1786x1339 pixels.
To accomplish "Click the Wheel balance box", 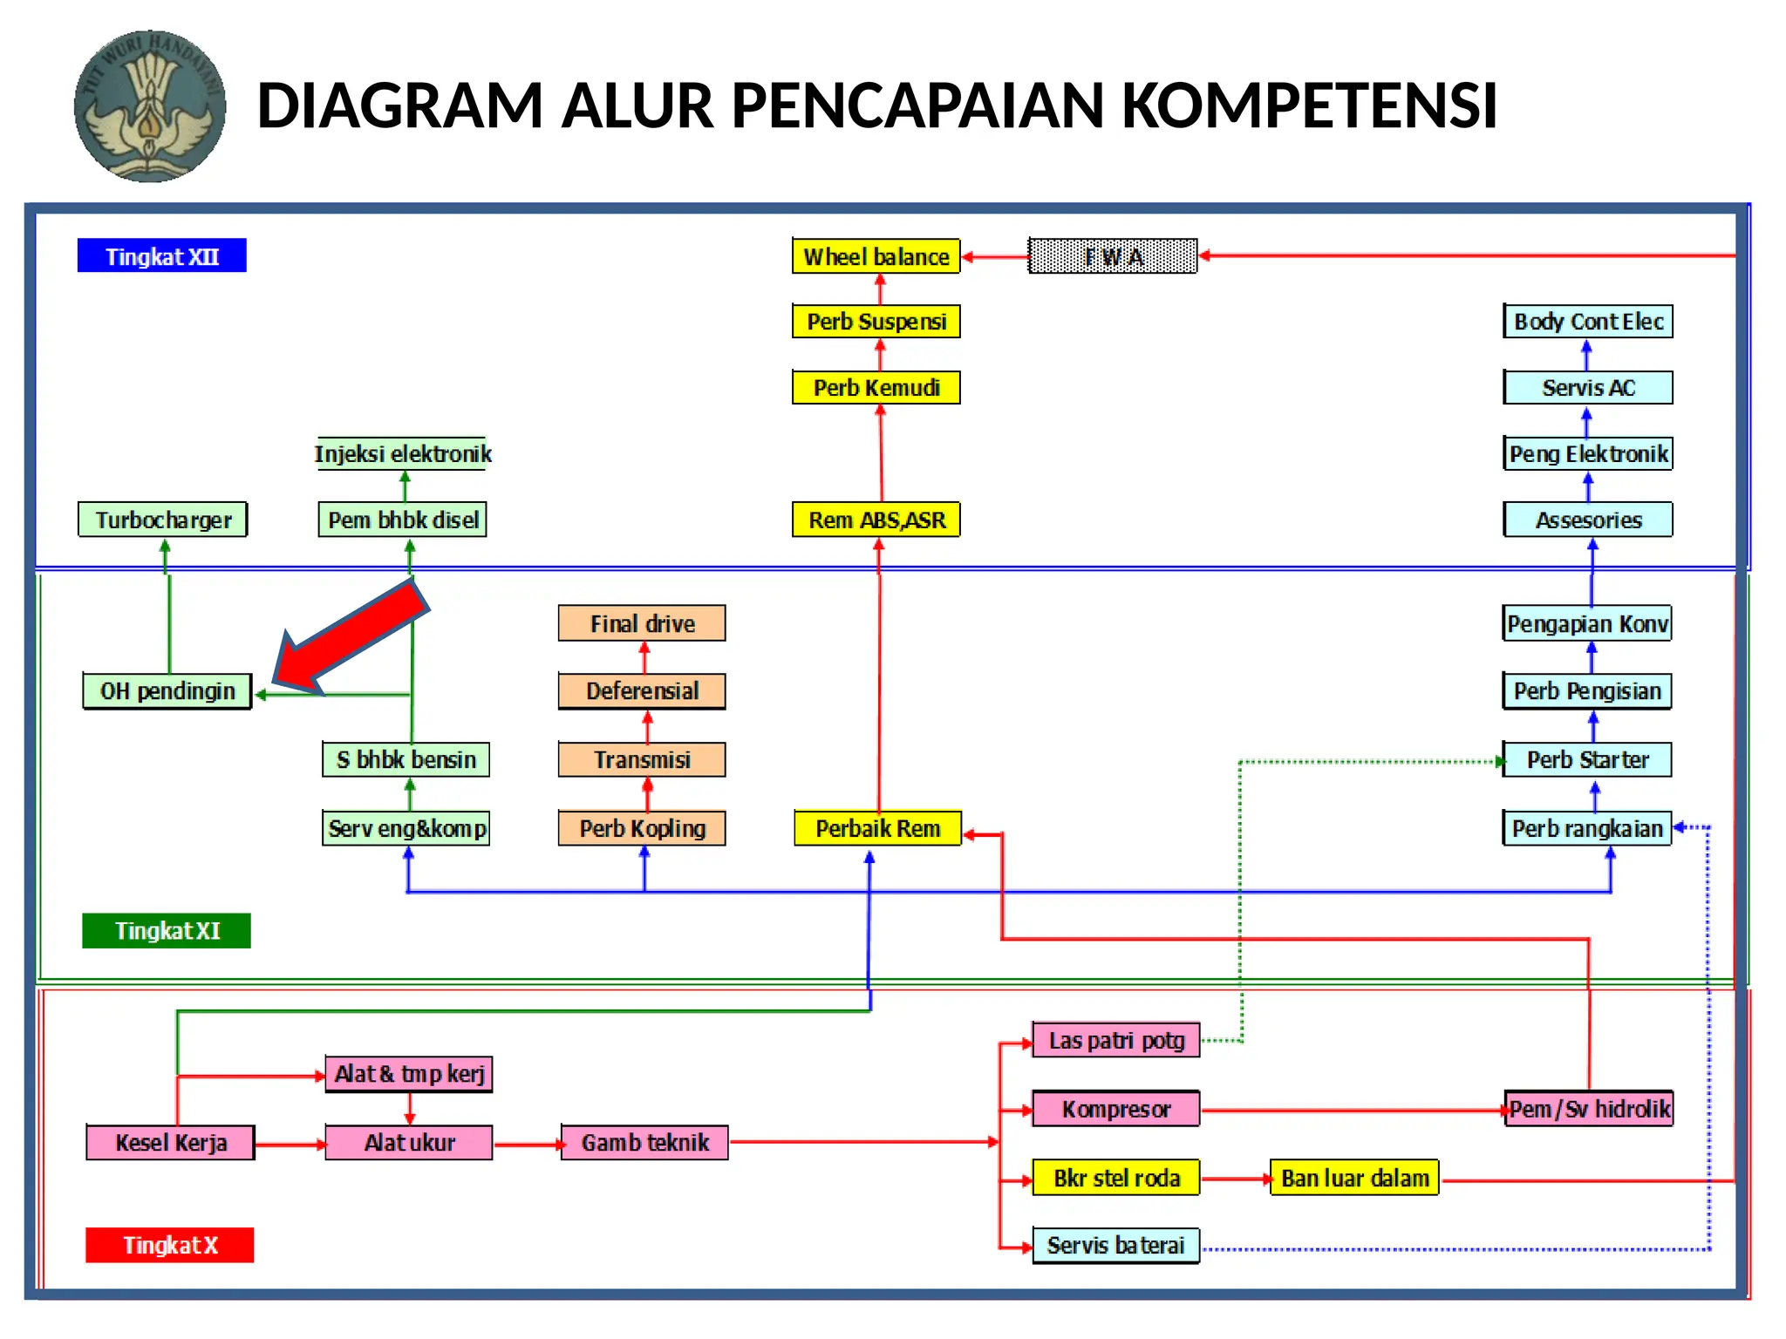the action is (876, 256).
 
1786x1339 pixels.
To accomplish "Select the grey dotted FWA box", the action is (1112, 256).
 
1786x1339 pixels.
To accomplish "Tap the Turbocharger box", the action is (163, 520).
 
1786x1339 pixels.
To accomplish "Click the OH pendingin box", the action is (167, 691).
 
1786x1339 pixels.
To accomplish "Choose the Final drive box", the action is (642, 623).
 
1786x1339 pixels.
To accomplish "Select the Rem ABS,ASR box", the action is (876, 520).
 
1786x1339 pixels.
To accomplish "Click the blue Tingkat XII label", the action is (161, 256).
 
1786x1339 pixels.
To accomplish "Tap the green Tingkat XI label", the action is (167, 930).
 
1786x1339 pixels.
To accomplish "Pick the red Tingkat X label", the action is (169, 1245).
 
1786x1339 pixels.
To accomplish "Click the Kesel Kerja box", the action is (171, 1142).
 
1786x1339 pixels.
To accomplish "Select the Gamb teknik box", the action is (644, 1142).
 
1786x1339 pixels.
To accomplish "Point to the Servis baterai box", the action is (1115, 1245).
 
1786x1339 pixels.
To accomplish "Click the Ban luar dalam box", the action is (1354, 1178).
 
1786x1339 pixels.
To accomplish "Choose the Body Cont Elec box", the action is (1588, 322).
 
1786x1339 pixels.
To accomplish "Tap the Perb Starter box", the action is (1587, 759).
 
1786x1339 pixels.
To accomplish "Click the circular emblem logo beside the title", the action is (150, 106).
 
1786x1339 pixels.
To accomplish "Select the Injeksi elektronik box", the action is (402, 453).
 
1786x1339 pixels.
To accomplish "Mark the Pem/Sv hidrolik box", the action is (1589, 1109).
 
